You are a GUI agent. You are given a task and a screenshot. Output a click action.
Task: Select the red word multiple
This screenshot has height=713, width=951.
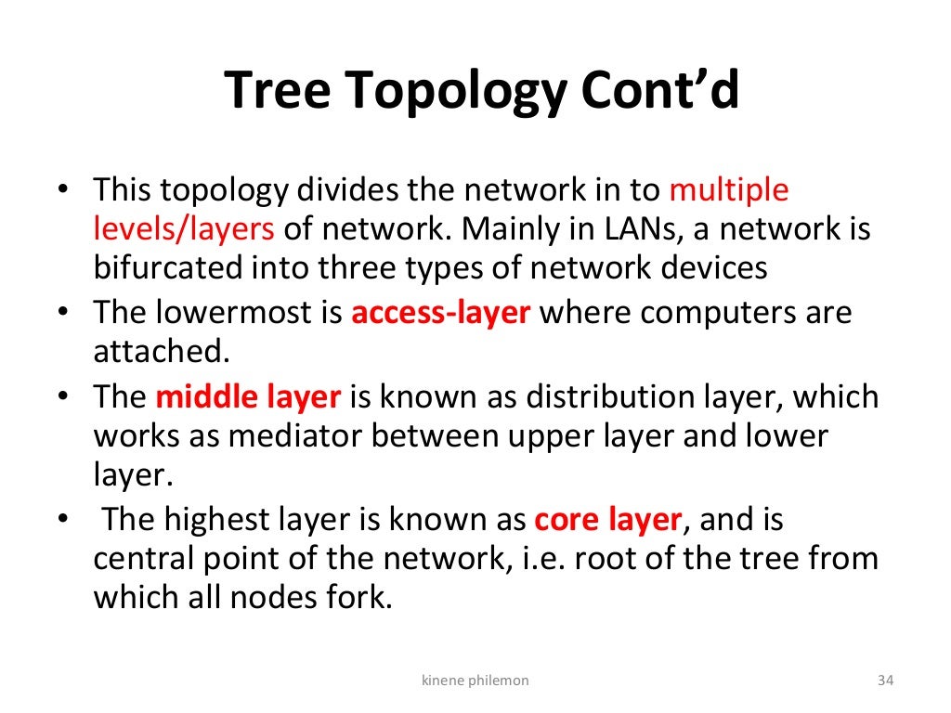click(x=729, y=191)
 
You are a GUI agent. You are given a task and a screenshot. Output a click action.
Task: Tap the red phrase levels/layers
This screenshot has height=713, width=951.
click(x=184, y=229)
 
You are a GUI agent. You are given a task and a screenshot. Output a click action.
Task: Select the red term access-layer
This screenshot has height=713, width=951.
click(x=440, y=313)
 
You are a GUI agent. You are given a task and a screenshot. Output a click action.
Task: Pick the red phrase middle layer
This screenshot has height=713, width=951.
click(x=248, y=397)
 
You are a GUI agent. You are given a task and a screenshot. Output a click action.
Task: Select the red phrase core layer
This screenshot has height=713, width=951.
click(x=608, y=520)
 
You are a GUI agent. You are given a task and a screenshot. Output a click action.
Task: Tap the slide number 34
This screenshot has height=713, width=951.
click(x=885, y=681)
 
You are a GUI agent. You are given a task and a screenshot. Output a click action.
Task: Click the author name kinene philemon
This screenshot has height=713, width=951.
click(x=475, y=681)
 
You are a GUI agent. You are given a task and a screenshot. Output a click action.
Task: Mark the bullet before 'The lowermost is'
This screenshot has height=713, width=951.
click(x=62, y=314)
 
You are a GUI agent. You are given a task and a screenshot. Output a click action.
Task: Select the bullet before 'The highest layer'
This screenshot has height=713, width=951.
click(x=62, y=521)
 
